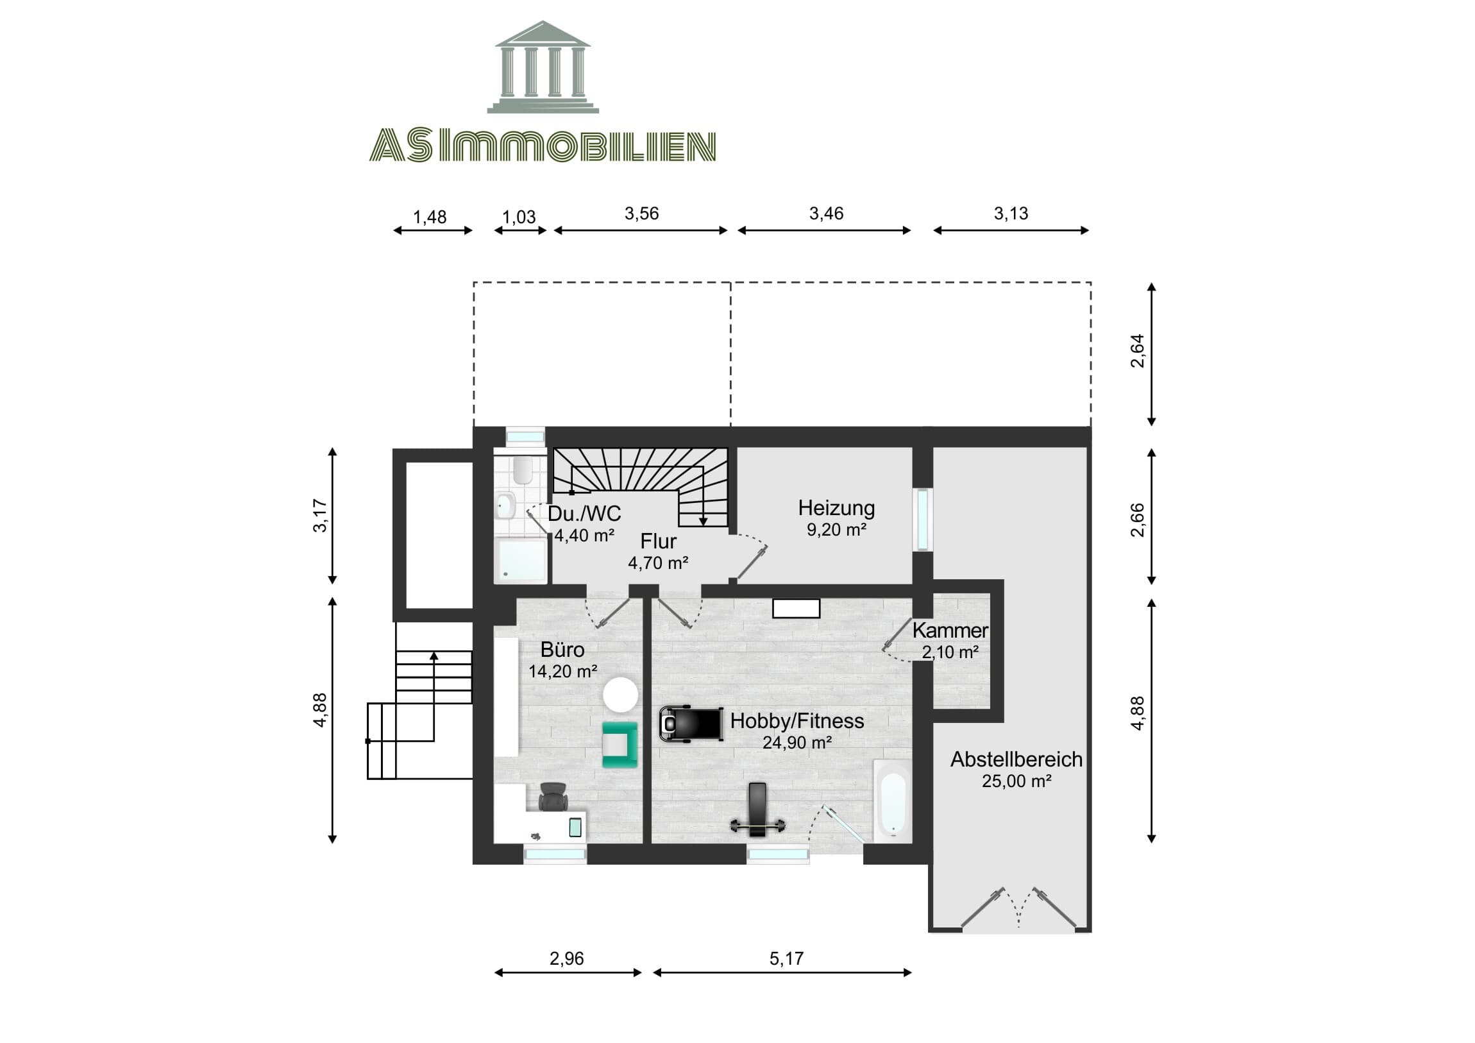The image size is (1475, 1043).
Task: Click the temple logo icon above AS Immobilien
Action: click(x=543, y=67)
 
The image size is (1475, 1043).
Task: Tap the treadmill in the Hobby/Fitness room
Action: click(x=691, y=724)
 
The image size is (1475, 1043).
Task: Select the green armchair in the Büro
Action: click(x=620, y=744)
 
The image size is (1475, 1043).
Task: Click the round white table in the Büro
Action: click(x=621, y=695)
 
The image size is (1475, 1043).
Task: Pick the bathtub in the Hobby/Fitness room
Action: click(x=893, y=801)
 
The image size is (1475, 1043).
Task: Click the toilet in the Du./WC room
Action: click(x=523, y=470)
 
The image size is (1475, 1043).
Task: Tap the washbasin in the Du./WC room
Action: click(x=505, y=505)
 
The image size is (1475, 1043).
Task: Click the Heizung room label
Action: click(x=836, y=507)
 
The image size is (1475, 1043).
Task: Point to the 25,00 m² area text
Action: click(x=1016, y=781)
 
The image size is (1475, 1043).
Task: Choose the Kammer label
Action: click(x=950, y=631)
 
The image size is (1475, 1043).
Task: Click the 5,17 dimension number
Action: click(x=786, y=959)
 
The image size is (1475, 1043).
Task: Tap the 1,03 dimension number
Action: click(x=519, y=217)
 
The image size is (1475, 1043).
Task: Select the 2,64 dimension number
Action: click(x=1137, y=351)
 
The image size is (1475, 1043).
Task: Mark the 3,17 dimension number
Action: click(x=319, y=516)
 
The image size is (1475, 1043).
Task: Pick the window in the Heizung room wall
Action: click(x=923, y=520)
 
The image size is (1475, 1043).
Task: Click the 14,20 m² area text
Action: click(x=563, y=672)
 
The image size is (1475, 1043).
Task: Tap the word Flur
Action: click(x=658, y=541)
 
